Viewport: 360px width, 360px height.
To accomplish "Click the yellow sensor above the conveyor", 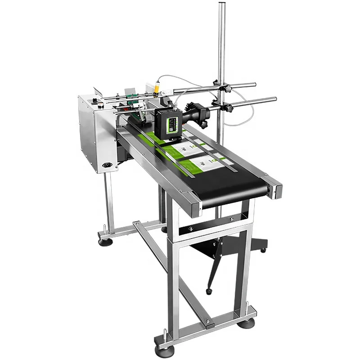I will [156, 89].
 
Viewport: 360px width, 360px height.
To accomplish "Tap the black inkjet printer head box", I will [167, 122].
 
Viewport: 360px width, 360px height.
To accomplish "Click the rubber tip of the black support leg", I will [209, 292].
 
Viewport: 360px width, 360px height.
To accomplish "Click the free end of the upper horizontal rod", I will [254, 84].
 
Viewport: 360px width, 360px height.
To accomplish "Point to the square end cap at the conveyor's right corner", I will [275, 188].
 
